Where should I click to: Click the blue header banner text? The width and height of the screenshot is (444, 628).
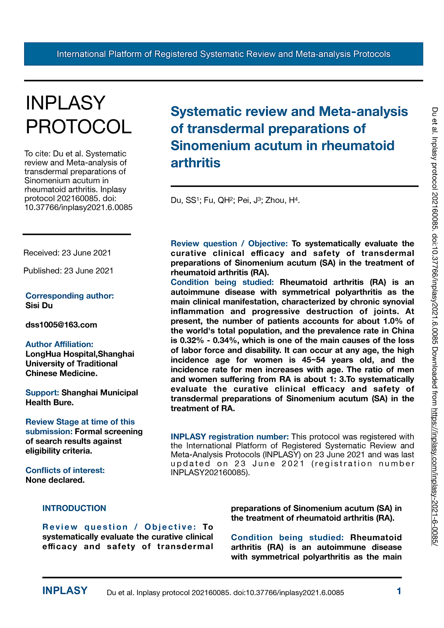(x=223, y=54)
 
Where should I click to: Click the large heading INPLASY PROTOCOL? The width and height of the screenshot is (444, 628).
(x=78, y=115)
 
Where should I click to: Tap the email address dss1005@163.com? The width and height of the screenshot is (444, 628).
(x=61, y=325)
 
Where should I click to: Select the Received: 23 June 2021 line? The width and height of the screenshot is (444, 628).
(x=67, y=253)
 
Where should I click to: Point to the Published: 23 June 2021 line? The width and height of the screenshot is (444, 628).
(x=68, y=271)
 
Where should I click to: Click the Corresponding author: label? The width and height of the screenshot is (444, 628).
(x=70, y=296)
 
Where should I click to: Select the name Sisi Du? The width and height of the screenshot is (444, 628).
(x=39, y=306)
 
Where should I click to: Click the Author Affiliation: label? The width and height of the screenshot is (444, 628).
(x=59, y=344)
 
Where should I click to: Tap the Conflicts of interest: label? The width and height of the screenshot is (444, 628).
(x=65, y=470)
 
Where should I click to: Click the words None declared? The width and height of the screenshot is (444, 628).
(x=55, y=480)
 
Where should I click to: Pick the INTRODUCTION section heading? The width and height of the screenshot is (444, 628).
(x=74, y=508)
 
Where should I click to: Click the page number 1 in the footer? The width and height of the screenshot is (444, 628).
(x=399, y=591)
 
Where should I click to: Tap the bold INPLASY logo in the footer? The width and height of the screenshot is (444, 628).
(x=65, y=591)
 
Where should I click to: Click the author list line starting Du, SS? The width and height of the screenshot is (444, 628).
(x=235, y=200)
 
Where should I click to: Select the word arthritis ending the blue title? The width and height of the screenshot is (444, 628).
(x=195, y=163)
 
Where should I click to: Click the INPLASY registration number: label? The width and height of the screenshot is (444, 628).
(x=229, y=437)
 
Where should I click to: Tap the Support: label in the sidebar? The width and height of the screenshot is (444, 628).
(x=42, y=393)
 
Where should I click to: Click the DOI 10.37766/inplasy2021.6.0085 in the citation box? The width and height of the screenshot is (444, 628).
(x=78, y=208)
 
